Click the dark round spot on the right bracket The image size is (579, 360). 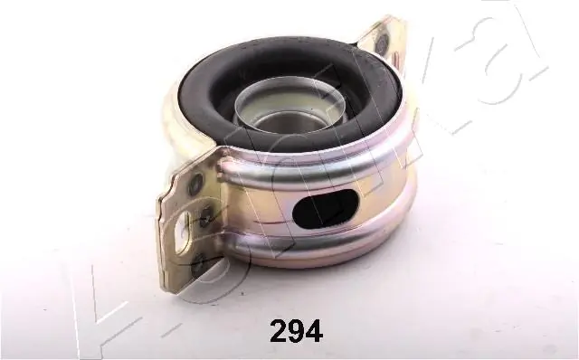pyautogui.click(x=380, y=44)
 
